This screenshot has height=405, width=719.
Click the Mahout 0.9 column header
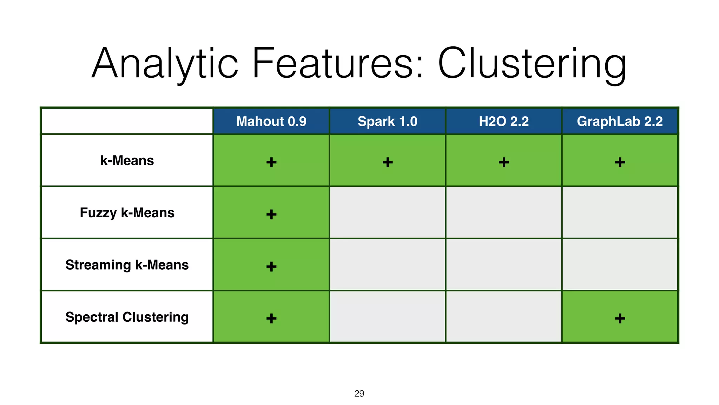[x=271, y=121]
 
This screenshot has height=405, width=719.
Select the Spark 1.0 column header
[x=387, y=121]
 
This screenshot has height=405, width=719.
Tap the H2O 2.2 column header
[x=503, y=121]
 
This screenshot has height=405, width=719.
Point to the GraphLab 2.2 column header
[x=620, y=121]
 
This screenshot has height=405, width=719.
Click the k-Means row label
[x=127, y=161]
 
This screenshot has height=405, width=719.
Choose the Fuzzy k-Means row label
[x=127, y=213]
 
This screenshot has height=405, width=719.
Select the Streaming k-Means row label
[x=127, y=265]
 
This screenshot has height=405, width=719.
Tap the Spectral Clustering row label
[x=127, y=317]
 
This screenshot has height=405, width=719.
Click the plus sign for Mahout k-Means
[x=271, y=162]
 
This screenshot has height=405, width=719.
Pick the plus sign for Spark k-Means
[x=388, y=162]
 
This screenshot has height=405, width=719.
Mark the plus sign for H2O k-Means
[x=504, y=162]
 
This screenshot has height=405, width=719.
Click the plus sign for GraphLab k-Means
[x=620, y=162]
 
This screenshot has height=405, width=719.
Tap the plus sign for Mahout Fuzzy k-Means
[x=271, y=214]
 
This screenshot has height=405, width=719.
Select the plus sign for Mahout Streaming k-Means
[x=271, y=266]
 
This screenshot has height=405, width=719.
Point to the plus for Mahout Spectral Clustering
[x=271, y=319]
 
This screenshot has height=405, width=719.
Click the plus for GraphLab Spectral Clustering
[x=620, y=319]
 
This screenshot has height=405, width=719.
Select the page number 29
[x=359, y=393]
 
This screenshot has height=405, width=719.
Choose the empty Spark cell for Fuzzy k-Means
[x=388, y=212]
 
